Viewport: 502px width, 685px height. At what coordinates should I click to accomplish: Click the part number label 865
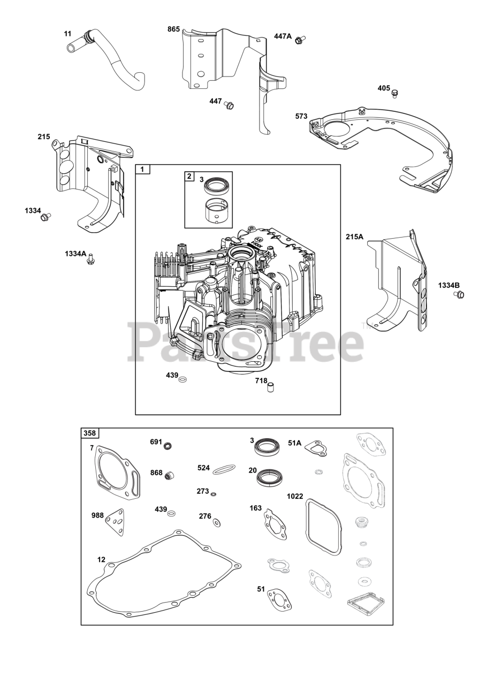click(173, 29)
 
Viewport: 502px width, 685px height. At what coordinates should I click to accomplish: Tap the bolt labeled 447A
click(300, 39)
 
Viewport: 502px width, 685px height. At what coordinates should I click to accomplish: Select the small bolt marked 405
click(395, 94)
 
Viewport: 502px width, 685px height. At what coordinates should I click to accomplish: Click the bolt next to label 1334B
click(459, 294)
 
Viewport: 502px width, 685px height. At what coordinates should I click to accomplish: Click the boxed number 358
click(89, 433)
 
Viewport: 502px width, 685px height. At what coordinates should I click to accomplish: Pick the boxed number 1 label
click(142, 170)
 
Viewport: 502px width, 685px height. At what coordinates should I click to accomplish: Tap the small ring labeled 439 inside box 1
click(183, 379)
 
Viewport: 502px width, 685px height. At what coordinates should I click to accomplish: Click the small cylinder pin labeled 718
click(271, 386)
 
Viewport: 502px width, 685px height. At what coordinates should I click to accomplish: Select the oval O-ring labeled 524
click(223, 469)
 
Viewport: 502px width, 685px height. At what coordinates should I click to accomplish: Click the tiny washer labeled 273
click(214, 494)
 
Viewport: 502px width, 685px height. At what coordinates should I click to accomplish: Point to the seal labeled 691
click(168, 445)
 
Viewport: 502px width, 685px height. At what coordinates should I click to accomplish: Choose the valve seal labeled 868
click(170, 475)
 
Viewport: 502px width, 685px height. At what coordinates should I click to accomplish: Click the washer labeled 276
click(216, 522)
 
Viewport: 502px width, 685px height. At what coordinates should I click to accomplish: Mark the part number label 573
click(301, 116)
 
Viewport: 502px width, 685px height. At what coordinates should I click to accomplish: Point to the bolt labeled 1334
click(45, 217)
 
